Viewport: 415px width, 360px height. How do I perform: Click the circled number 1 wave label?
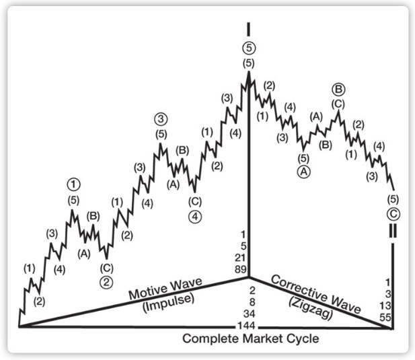click(x=73, y=183)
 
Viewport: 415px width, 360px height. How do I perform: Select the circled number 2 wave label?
click(x=106, y=283)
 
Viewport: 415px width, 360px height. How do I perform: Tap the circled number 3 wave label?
click(x=160, y=119)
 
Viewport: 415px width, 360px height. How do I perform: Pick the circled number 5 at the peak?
click(x=249, y=48)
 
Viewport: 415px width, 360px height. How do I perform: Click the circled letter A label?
click(x=303, y=172)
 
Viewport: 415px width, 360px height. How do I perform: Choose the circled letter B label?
click(x=338, y=89)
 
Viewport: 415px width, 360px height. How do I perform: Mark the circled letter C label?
click(x=393, y=215)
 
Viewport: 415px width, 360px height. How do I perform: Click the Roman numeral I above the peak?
click(x=249, y=29)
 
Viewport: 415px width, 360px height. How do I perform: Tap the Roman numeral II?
click(x=392, y=231)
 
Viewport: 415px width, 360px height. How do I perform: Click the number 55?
click(x=387, y=317)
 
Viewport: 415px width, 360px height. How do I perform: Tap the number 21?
click(x=243, y=257)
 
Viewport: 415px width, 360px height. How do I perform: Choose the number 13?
click(x=387, y=305)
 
